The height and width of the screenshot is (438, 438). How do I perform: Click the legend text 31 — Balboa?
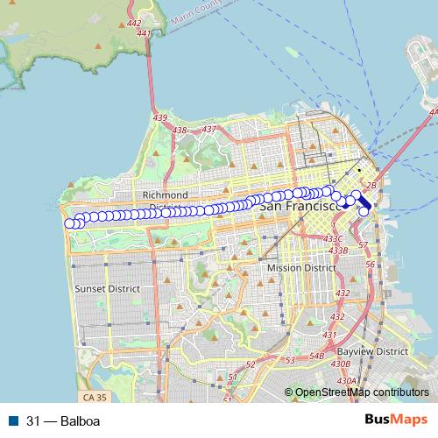(x=63, y=420)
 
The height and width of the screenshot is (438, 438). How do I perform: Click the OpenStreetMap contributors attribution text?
(x=361, y=392)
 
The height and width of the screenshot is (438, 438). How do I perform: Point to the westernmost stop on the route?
(x=70, y=223)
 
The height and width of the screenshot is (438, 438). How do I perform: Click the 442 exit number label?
(x=134, y=24)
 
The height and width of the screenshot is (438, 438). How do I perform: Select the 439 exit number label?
(x=159, y=117)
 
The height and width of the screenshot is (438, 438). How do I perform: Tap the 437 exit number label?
(x=208, y=130)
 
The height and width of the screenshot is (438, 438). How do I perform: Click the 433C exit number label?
(x=333, y=237)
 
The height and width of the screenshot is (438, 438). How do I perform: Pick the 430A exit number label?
(x=347, y=380)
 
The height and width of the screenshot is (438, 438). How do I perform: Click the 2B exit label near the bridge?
(x=370, y=185)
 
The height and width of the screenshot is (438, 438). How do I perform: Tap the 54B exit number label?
(x=316, y=355)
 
